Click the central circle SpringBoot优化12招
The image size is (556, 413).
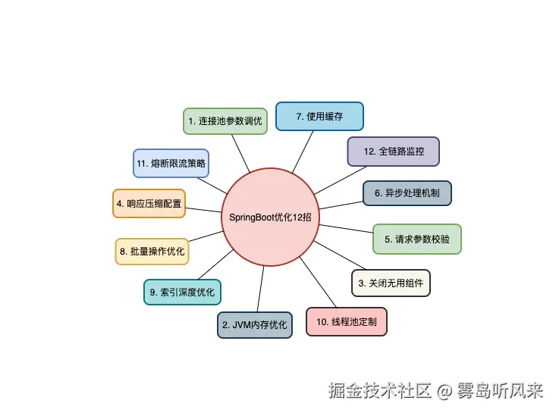pyautogui.click(x=271, y=217)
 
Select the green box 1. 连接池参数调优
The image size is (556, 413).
pyautogui.click(x=226, y=120)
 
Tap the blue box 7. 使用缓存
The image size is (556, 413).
pyautogui.click(x=319, y=116)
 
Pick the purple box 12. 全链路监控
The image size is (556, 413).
pyautogui.click(x=393, y=151)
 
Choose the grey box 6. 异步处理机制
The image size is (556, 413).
pyautogui.click(x=407, y=192)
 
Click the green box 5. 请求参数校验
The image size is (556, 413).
pyautogui.click(x=416, y=239)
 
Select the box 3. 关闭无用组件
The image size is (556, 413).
pyautogui.click(x=390, y=283)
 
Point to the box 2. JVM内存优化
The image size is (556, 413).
pyautogui.click(x=255, y=324)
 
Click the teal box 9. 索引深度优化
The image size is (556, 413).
pyautogui.click(x=183, y=292)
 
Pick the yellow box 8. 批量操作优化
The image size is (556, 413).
pyautogui.click(x=152, y=251)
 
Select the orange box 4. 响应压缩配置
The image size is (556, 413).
pyautogui.click(x=149, y=203)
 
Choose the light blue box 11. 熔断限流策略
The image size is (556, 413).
pyautogui.click(x=171, y=162)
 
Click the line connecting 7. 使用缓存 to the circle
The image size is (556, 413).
pyautogui.click(x=302, y=152)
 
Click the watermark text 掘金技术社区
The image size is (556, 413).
pyautogui.click(x=379, y=391)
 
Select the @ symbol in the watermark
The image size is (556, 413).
pyautogui.click(x=444, y=392)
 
